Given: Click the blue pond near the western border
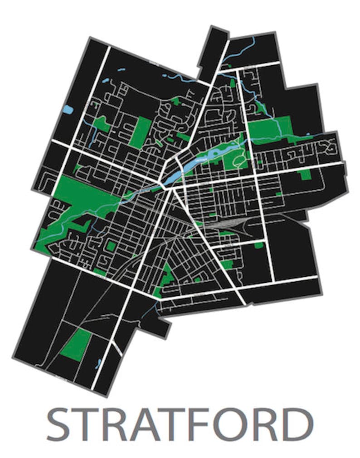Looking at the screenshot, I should point(68,110).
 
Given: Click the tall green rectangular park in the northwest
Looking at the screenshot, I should point(140,132).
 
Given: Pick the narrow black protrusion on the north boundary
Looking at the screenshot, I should point(211,52).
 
